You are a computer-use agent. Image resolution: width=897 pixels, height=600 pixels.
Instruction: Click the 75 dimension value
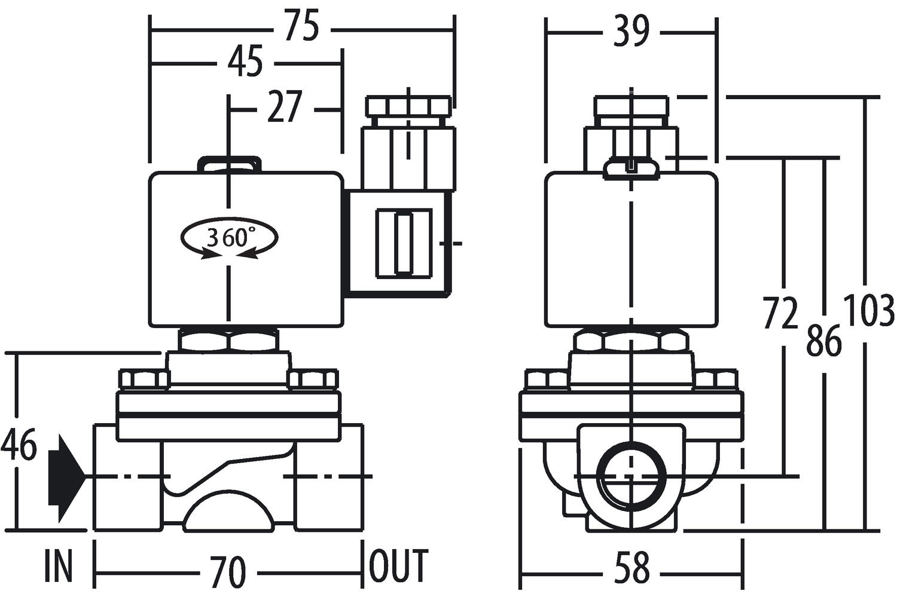click(302, 27)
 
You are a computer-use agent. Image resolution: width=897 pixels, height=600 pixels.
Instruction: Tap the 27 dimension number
click(285, 108)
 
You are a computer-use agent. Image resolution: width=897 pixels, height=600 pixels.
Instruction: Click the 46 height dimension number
click(19, 445)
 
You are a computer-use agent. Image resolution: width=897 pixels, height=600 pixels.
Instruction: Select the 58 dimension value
click(631, 569)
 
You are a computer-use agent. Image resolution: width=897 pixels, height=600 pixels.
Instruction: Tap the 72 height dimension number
click(780, 313)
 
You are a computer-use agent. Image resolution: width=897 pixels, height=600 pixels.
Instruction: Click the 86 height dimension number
click(823, 341)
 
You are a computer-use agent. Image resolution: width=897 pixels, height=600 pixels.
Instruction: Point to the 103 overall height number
click(868, 311)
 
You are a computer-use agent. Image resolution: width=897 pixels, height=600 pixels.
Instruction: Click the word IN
click(59, 566)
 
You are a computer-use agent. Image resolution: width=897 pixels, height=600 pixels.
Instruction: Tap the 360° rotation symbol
click(229, 238)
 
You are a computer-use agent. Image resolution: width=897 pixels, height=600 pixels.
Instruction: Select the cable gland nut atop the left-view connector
click(409, 108)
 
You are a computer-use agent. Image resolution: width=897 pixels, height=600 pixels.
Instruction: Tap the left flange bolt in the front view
click(144, 379)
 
